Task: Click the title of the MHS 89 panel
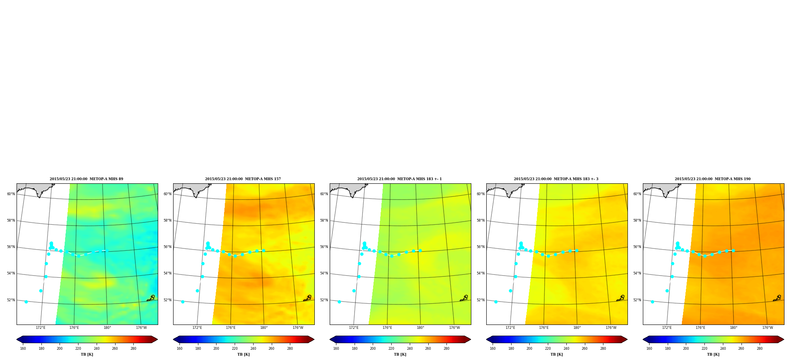click(86, 179)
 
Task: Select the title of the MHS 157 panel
click(243, 179)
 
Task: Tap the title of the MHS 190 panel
click(713, 179)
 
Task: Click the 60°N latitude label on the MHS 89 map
click(11, 194)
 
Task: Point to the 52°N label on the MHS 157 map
click(167, 300)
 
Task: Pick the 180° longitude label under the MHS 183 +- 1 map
click(420, 328)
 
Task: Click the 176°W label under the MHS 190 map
click(767, 328)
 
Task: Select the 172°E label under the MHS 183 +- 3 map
click(510, 328)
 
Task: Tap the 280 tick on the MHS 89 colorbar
click(133, 349)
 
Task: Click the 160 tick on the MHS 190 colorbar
click(649, 349)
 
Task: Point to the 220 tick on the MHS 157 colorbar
click(235, 349)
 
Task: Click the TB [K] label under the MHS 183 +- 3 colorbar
click(556, 354)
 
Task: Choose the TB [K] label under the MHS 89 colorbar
click(87, 354)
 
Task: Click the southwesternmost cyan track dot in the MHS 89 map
click(26, 302)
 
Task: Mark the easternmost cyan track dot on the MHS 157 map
click(263, 250)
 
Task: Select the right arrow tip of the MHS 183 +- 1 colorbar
click(471, 339)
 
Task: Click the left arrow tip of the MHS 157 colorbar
click(174, 339)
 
